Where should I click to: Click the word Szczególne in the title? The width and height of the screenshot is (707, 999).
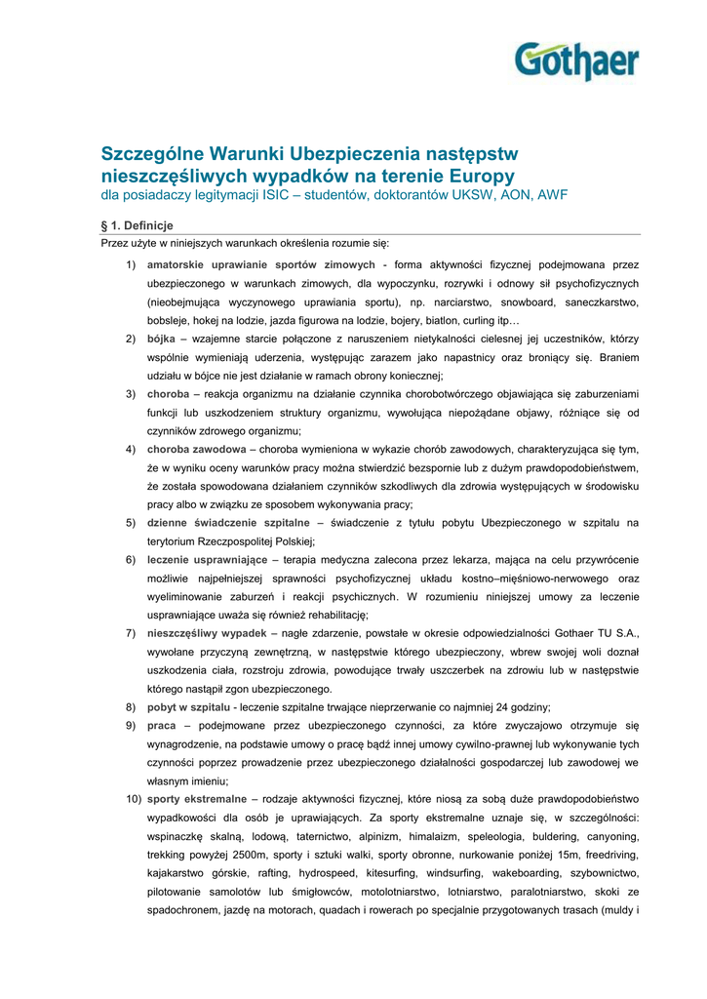(156, 154)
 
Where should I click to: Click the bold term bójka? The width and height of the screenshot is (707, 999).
(161, 339)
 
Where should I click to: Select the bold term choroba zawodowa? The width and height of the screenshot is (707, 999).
(196, 450)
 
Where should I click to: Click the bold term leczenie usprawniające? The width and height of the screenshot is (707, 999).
(207, 560)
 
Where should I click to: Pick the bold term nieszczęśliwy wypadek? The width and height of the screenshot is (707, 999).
(206, 634)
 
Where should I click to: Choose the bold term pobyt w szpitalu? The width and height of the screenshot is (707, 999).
(188, 707)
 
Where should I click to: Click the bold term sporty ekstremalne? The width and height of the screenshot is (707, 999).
(196, 800)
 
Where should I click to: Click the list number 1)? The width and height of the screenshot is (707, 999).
(131, 264)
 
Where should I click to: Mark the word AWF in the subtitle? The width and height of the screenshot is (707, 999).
(552, 195)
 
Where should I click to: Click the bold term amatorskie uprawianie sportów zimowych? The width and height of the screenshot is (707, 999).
(260, 264)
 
